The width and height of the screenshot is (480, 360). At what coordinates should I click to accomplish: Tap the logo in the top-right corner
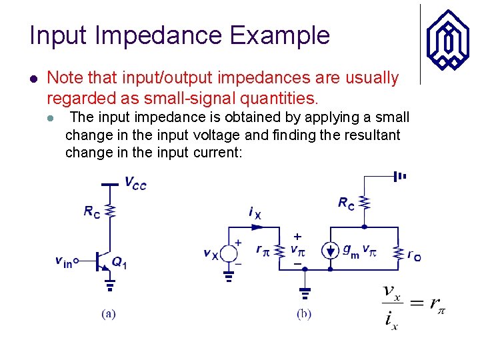pos(448,42)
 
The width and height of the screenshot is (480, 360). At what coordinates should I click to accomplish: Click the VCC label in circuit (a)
pos(135,183)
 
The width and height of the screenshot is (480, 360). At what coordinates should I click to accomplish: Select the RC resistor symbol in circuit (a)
pos(111,211)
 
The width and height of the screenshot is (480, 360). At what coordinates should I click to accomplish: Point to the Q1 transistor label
pos(119,263)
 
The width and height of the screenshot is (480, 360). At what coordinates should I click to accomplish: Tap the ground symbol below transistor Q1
pos(111,285)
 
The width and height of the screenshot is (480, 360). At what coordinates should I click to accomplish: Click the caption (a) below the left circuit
pos(108,313)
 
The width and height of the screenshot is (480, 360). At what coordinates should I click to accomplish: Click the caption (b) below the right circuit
pos(303,313)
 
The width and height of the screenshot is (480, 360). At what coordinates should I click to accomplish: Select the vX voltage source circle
pos(229,253)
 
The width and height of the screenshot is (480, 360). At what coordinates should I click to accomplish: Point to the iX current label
pos(255,213)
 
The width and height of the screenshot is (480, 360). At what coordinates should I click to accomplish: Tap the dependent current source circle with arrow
pos(331,251)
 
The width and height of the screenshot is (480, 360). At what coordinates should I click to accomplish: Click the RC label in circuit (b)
pos(346,203)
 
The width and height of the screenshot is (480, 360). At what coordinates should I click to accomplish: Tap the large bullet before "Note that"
pos(33,79)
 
